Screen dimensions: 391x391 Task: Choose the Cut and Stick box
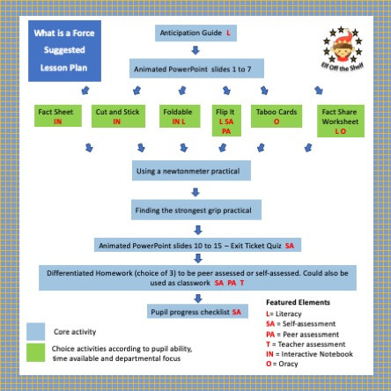(x=115, y=116)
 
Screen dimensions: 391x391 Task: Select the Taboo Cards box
(x=276, y=116)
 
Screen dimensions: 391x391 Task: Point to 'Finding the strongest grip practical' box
(x=193, y=210)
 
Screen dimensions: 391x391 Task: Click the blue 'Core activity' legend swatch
(x=36, y=330)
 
